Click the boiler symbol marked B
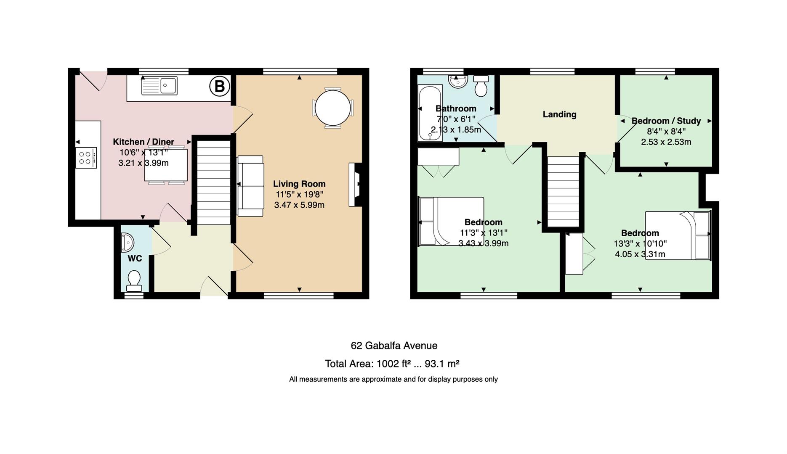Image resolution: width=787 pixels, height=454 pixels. click(x=220, y=86)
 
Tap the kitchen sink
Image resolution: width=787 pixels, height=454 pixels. click(x=160, y=86)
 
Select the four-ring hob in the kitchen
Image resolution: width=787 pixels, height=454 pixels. click(x=86, y=158)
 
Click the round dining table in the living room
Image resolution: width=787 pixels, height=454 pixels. click(x=332, y=107)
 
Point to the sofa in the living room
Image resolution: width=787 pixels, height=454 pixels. click(x=250, y=186)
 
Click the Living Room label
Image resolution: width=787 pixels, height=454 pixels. click(x=299, y=184)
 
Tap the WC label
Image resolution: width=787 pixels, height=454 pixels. click(x=135, y=259)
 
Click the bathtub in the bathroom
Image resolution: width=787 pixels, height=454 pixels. click(x=430, y=113)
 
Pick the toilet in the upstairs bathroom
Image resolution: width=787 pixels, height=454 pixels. click(x=481, y=86)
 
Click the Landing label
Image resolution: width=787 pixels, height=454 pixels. click(x=559, y=114)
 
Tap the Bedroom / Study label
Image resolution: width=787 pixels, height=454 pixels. click(x=666, y=121)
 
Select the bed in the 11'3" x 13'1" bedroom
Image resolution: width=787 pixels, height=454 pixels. click(x=451, y=221)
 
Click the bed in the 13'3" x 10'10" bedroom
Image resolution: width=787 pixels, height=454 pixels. click(x=678, y=235)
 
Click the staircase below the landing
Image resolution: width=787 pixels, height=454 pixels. click(x=563, y=192)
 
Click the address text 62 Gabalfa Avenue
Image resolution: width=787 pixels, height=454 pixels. click(x=394, y=346)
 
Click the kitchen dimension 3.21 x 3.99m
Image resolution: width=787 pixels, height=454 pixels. click(x=144, y=163)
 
